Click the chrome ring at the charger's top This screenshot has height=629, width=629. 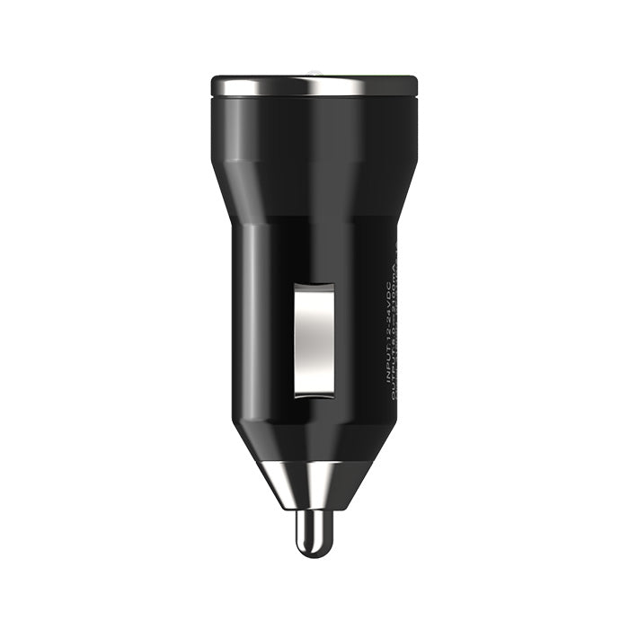click(x=314, y=85)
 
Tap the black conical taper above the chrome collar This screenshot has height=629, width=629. click(x=314, y=440)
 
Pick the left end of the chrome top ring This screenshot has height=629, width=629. click(x=217, y=85)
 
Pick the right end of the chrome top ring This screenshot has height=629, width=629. click(x=413, y=85)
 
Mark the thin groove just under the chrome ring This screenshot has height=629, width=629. click(x=314, y=97)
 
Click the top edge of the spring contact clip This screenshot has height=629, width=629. click(x=314, y=286)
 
